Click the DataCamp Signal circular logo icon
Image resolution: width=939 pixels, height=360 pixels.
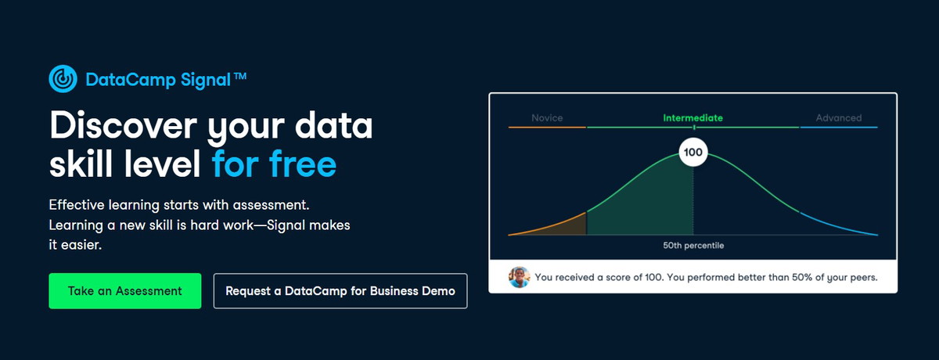pyautogui.click(x=63, y=78)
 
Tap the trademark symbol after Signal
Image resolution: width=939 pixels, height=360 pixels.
pyautogui.click(x=240, y=76)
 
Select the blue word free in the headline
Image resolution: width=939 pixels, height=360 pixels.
pyautogui.click(x=303, y=164)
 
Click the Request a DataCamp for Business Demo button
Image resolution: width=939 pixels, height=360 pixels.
pyautogui.click(x=340, y=291)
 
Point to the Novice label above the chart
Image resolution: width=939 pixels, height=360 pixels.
pyautogui.click(x=547, y=117)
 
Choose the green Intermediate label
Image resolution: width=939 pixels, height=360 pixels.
pyautogui.click(x=693, y=117)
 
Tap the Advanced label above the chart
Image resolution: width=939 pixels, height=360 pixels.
pyautogui.click(x=838, y=117)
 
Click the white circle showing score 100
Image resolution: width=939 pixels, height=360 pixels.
pyautogui.click(x=693, y=152)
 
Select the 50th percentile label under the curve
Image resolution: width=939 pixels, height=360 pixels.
pyautogui.click(x=693, y=245)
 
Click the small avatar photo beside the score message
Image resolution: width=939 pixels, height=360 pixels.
pyautogui.click(x=519, y=277)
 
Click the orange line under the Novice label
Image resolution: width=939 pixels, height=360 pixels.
pyautogui.click(x=547, y=127)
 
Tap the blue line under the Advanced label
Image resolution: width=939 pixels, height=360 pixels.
pyautogui.click(x=839, y=127)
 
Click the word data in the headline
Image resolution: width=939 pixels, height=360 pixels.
pyautogui.click(x=333, y=125)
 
